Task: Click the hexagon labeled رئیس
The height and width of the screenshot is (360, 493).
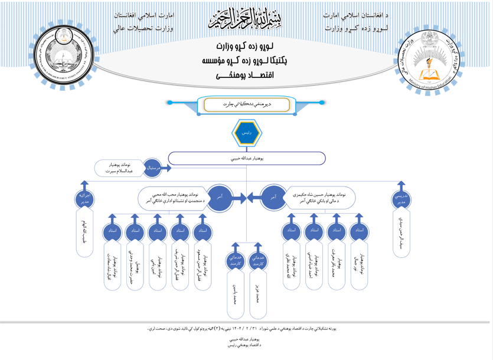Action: (x=246, y=133)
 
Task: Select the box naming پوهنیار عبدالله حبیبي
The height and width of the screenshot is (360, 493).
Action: (x=246, y=158)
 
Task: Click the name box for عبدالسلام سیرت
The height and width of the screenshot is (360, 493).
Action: (x=118, y=168)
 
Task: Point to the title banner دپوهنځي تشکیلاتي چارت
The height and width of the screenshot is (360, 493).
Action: (x=247, y=104)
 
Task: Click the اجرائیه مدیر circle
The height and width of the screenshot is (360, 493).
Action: (x=84, y=198)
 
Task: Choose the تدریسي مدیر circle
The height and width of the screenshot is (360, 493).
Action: (x=401, y=198)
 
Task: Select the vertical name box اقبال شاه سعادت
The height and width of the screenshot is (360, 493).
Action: (x=112, y=266)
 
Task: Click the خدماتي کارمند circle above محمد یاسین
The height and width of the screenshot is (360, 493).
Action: (x=235, y=260)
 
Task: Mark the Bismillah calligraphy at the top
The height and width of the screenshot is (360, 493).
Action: (x=245, y=19)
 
